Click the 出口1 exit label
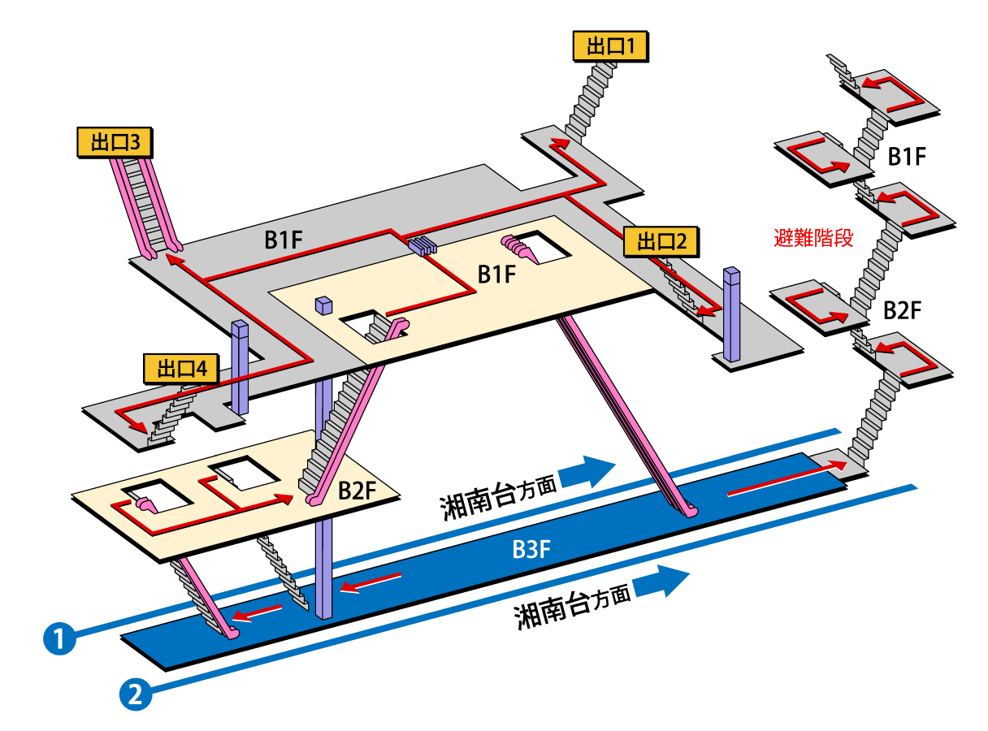(611, 47)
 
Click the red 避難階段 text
(813, 239)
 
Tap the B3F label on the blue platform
(532, 550)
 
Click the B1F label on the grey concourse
(285, 240)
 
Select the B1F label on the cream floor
(497, 275)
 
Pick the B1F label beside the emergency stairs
(907, 157)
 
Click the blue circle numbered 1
(58, 637)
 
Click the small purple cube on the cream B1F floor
(324, 305)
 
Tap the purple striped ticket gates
(422, 244)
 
